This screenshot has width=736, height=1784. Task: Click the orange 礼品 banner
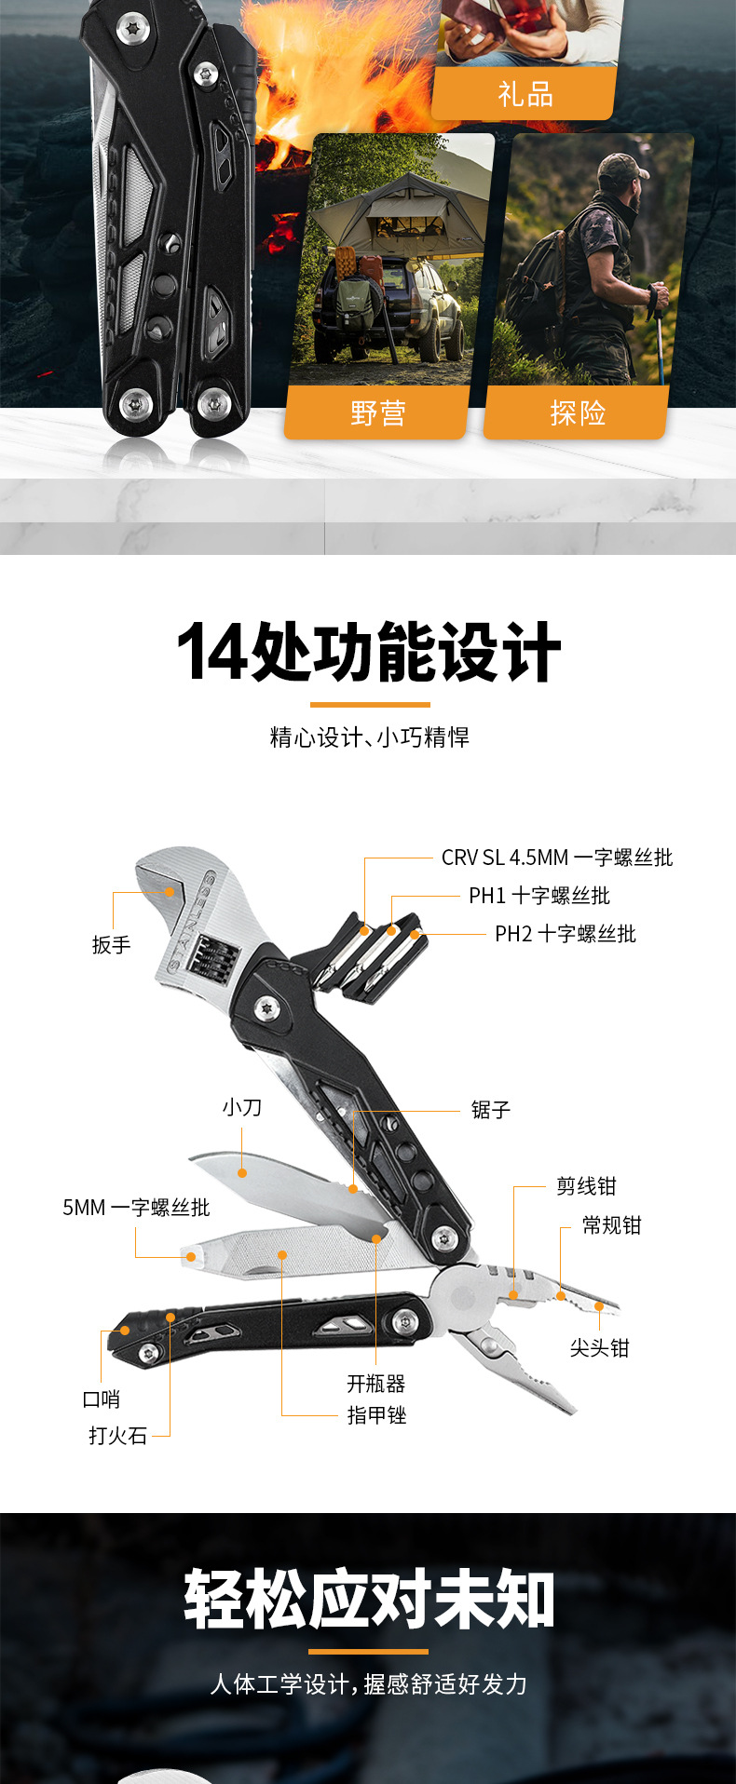click(525, 94)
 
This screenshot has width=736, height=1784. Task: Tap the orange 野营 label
click(377, 412)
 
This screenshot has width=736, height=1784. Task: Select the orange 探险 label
click(578, 412)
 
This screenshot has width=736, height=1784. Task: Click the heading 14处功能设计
click(369, 653)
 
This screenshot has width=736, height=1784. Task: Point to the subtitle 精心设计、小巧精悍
click(369, 737)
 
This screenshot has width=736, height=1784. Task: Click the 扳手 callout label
click(111, 945)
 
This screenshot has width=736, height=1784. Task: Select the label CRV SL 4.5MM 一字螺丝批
click(556, 858)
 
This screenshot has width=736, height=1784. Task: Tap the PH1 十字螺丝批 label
click(538, 896)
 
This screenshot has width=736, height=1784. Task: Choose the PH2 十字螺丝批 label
click(565, 934)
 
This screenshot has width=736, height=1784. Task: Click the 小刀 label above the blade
click(241, 1107)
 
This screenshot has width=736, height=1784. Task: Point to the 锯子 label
click(490, 1110)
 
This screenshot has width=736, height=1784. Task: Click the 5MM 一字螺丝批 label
click(136, 1208)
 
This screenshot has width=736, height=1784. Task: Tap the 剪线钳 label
click(586, 1186)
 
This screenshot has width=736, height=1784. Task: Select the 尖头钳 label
click(599, 1348)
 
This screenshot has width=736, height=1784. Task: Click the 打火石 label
click(118, 1436)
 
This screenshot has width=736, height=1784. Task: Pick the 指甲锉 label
click(376, 1415)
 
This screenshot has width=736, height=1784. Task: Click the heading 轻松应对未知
click(369, 1600)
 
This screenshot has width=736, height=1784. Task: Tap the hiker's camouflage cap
click(621, 168)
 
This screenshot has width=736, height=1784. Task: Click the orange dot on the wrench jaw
click(170, 892)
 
